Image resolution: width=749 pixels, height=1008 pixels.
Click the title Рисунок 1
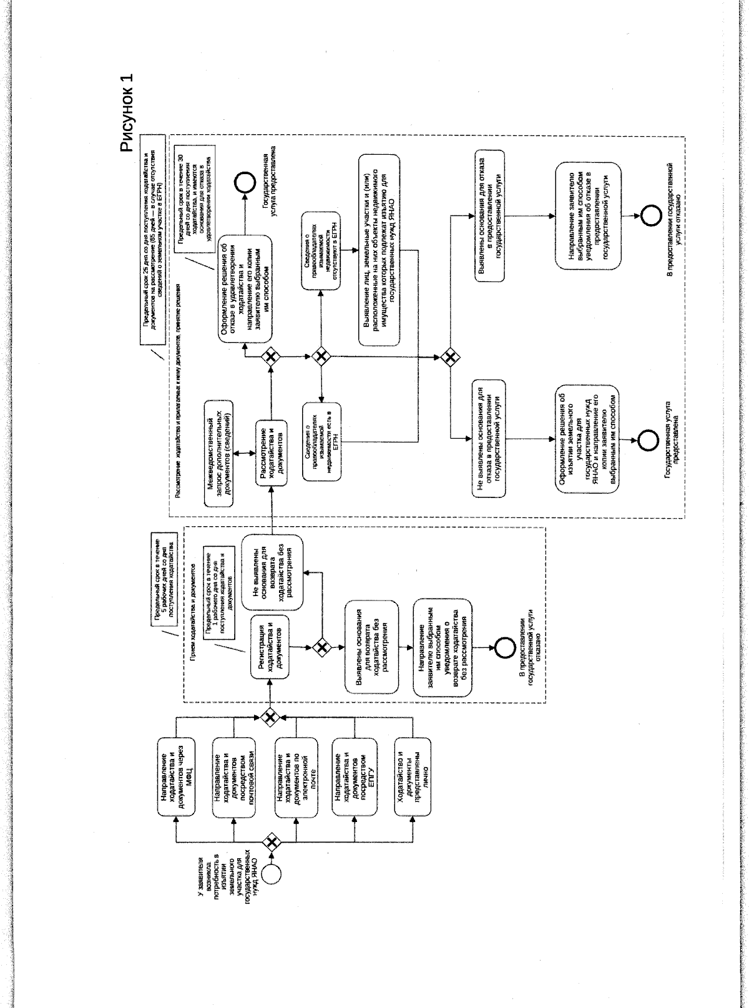coord(127,113)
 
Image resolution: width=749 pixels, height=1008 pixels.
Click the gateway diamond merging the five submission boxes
coord(270,718)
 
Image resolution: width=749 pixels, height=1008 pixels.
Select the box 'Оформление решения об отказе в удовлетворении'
coord(245,290)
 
